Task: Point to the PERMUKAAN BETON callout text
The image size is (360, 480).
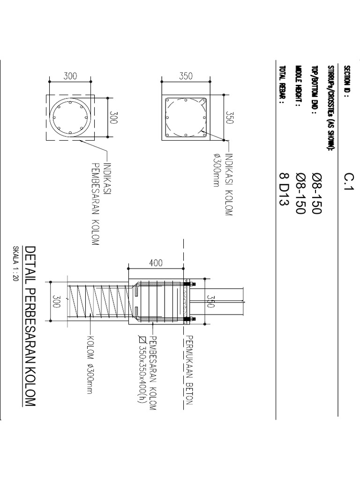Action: point(189,370)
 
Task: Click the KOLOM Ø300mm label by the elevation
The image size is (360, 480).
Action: point(90,365)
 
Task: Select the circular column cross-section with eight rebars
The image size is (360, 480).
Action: point(70,117)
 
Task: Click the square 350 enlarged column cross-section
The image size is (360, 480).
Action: point(186,117)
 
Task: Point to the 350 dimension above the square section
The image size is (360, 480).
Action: point(186,76)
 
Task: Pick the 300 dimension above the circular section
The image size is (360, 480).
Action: point(70,76)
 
